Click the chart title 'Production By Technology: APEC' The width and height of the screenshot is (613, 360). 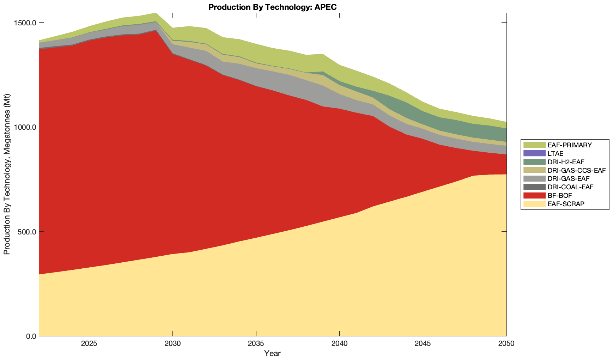tap(273, 7)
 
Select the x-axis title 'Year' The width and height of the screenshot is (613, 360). tap(273, 353)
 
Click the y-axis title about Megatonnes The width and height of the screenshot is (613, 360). tap(7, 175)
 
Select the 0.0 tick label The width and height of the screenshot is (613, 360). tap(31, 336)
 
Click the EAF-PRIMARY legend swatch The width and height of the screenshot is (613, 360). tap(534, 145)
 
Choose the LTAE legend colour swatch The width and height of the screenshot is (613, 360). tap(534, 153)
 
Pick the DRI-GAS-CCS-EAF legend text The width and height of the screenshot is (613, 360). tap(576, 170)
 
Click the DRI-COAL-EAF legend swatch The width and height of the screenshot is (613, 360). tap(534, 187)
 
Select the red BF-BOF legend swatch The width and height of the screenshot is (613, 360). tap(534, 195)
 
